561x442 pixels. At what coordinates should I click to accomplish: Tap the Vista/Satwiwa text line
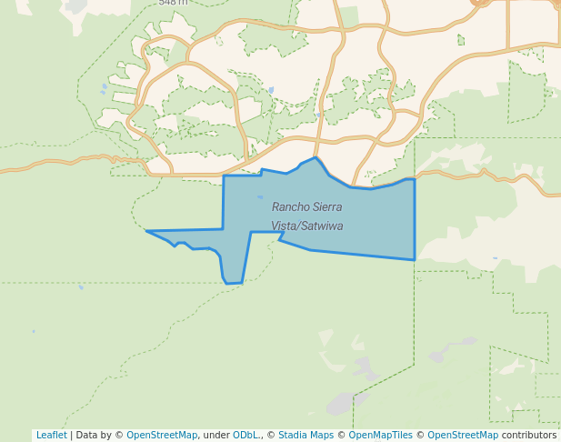[x=306, y=226]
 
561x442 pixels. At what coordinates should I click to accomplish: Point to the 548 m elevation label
[x=173, y=3]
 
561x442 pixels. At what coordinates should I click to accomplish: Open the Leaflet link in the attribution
[x=51, y=435]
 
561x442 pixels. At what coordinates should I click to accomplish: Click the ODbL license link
[x=245, y=435]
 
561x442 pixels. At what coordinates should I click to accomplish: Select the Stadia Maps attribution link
[x=306, y=435]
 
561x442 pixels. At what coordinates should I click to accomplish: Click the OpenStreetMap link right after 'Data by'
[x=162, y=435]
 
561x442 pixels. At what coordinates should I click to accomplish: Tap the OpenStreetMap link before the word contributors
[x=463, y=435]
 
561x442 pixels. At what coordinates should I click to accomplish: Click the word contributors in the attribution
[x=528, y=435]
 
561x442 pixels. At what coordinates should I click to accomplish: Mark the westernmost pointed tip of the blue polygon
[x=146, y=231]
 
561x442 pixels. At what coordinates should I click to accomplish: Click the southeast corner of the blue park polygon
[x=415, y=259]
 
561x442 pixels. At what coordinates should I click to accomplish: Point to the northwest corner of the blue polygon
[x=224, y=176]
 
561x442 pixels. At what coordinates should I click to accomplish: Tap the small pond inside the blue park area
[x=260, y=196]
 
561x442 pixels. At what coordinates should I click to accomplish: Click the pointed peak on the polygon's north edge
[x=316, y=157]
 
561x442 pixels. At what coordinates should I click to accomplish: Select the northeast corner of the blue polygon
[x=415, y=179]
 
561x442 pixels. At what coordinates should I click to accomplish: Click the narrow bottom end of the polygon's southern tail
[x=233, y=283]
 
